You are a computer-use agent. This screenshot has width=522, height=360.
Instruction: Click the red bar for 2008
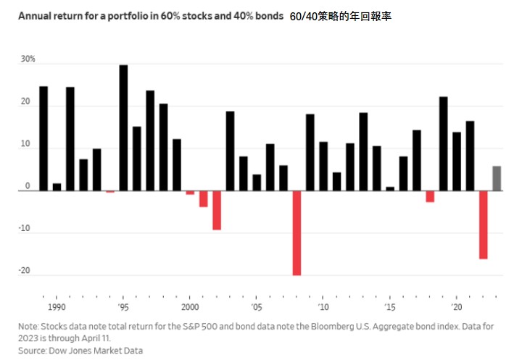(x=297, y=233)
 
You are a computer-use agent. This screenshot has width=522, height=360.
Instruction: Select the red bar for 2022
(x=483, y=225)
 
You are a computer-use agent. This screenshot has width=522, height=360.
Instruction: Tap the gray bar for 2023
(x=497, y=178)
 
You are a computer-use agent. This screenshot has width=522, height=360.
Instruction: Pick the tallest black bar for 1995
(x=123, y=127)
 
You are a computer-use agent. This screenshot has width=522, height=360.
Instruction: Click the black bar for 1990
(x=43, y=138)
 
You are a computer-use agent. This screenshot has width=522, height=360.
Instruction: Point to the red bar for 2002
(x=217, y=210)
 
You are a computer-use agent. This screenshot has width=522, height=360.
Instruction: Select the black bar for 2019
(x=443, y=143)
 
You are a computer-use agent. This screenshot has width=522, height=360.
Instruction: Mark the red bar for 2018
(x=430, y=196)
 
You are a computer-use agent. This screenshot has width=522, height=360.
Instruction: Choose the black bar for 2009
(x=310, y=152)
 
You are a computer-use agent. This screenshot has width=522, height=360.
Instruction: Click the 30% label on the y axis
(x=28, y=59)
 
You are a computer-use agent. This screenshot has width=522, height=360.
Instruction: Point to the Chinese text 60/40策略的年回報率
(x=340, y=14)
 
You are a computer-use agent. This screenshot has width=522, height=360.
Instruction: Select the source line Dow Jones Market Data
(x=91, y=350)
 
